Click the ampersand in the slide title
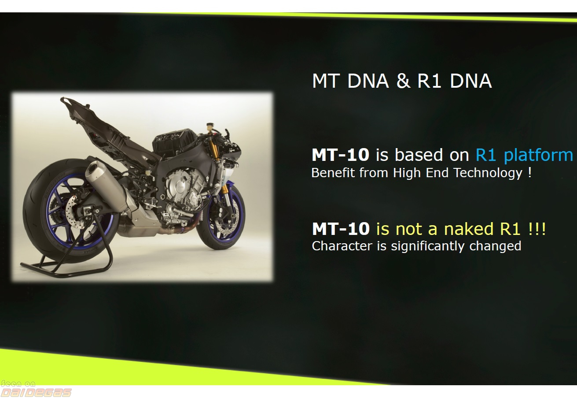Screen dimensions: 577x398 [403, 81]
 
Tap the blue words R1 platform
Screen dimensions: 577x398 [524, 155]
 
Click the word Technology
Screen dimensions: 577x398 [488, 173]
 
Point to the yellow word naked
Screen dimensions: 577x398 [469, 229]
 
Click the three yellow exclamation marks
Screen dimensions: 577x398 [537, 229]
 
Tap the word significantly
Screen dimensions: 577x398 [428, 246]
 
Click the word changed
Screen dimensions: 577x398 [495, 246]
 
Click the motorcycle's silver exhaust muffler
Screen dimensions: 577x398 [108, 186]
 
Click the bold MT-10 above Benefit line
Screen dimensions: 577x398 [341, 155]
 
